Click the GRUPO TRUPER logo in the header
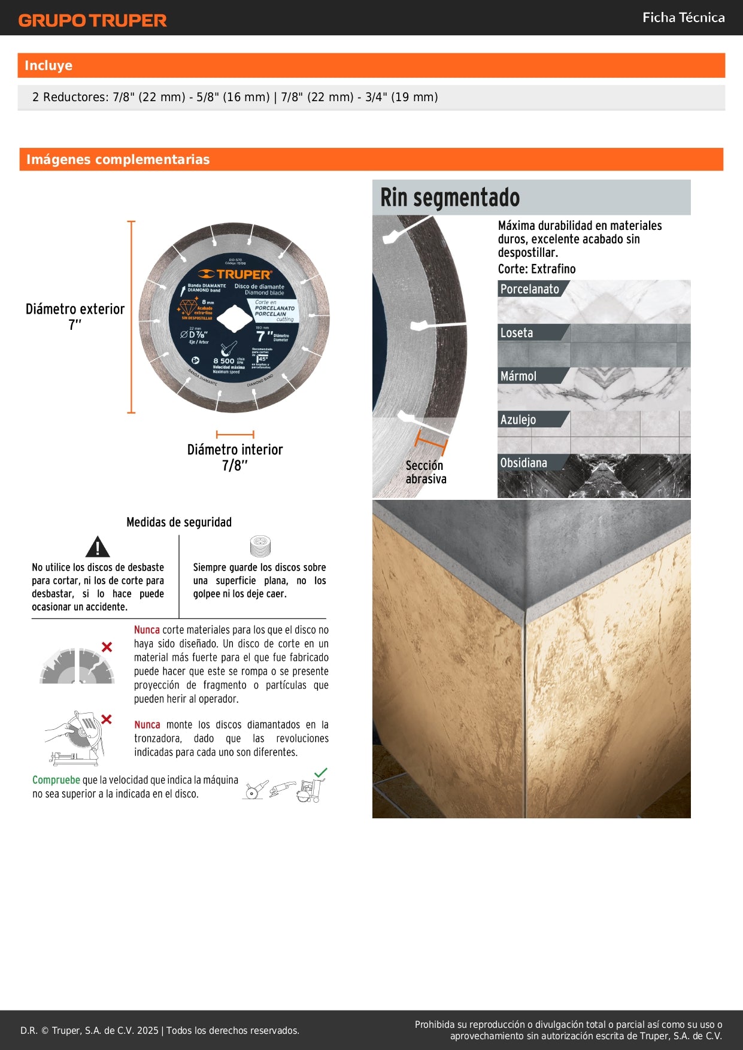coord(92,20)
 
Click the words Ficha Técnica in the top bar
coord(683,17)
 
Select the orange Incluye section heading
coord(48,66)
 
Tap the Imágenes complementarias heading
coord(118,159)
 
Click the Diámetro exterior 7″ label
coord(75,317)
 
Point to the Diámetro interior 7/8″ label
coord(235,457)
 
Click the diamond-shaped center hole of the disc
coord(235,317)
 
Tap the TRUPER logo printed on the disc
coord(235,274)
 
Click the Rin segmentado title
coord(450,198)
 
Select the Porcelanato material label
coord(529,289)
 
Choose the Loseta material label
coord(516,333)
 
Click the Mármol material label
coord(518,376)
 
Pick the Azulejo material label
coord(518,420)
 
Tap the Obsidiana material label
coord(523,463)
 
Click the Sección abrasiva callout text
coord(426,472)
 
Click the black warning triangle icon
coord(98,547)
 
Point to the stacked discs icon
coord(260,546)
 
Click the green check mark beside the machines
coord(321,773)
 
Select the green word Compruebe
coord(56,780)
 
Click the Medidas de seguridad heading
coord(178,522)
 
